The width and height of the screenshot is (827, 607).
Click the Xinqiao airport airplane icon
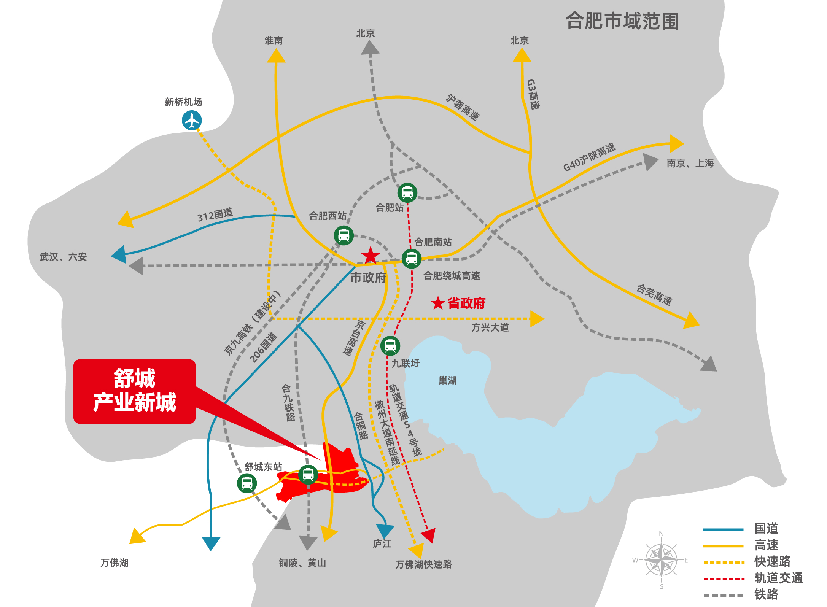click(192, 121)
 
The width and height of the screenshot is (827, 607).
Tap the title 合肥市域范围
click(622, 21)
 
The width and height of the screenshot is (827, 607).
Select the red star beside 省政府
click(438, 303)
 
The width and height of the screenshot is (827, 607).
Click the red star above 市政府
click(370, 256)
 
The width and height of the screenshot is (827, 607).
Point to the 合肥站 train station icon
click(407, 192)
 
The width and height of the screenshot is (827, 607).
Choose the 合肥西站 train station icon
click(344, 235)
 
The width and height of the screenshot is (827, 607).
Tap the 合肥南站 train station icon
click(411, 259)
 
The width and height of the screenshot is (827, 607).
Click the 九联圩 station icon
click(390, 346)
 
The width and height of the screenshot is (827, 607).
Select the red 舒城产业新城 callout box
click(135, 391)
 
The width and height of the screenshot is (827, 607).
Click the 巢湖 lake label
click(447, 380)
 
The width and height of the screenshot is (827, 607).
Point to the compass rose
click(662, 560)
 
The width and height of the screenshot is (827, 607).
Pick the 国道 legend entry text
click(767, 528)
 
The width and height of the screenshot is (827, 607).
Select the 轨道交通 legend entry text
click(779, 578)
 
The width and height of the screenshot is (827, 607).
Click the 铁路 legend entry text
click(767, 594)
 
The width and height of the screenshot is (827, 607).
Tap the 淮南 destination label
click(274, 41)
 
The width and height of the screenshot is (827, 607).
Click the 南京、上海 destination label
click(690, 164)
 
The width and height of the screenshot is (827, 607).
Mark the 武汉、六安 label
click(64, 257)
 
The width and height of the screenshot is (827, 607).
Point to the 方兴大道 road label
click(490, 327)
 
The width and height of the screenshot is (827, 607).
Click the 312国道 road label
click(215, 215)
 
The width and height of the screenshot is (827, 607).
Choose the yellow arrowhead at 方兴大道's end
click(537, 319)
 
